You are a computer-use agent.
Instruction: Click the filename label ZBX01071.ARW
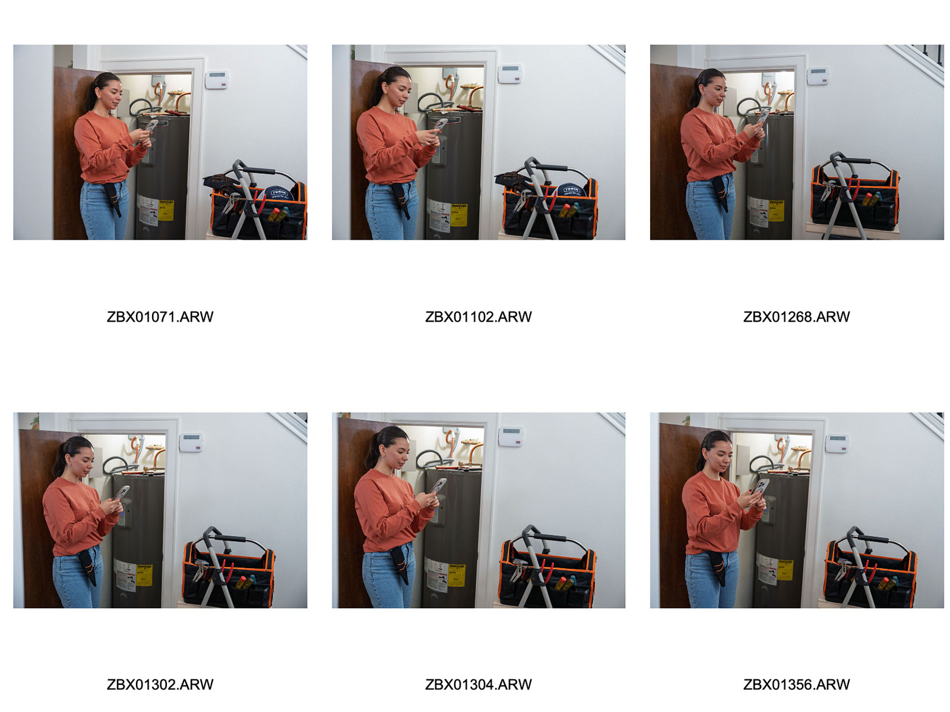point(160,316)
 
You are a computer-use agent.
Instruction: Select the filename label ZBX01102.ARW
point(478,316)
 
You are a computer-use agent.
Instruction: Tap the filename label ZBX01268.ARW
point(796,316)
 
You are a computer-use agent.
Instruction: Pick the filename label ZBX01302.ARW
point(160,684)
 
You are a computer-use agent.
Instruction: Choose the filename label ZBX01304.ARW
point(478,684)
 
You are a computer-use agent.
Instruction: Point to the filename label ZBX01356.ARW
point(796,684)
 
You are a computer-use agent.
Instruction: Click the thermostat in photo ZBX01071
point(216,80)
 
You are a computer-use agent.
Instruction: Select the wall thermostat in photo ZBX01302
point(191,443)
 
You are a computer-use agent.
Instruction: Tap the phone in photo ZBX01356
point(759,487)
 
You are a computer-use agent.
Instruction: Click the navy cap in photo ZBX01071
point(275,193)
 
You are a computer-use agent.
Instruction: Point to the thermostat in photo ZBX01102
point(510,74)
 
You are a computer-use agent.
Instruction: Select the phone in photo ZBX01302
point(122,492)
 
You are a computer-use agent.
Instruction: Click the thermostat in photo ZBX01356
point(837,444)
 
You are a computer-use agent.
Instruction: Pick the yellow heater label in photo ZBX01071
point(166,210)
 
